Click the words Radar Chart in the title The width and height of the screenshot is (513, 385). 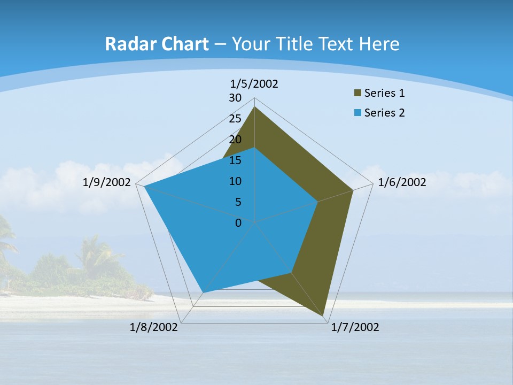pos(157,44)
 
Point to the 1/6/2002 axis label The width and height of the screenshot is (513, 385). pos(402,182)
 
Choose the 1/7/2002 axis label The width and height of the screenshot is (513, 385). pos(355,327)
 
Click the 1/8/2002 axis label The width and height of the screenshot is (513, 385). pos(154,327)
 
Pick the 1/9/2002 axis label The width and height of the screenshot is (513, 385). pos(107,182)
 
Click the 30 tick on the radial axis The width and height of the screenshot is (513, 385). pos(235,98)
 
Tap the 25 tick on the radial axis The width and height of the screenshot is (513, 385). pos(235,119)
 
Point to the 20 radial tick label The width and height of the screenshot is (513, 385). pos(235,140)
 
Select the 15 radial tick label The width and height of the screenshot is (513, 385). pos(235,160)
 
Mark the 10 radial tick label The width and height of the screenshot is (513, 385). pos(235,181)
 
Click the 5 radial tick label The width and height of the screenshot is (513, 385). pos(238,202)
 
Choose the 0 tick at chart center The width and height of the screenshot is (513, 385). pos(238,223)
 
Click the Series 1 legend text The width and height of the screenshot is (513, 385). pos(384,93)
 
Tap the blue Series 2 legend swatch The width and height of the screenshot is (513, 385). pos(357,113)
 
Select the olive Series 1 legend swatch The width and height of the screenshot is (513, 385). pos(357,93)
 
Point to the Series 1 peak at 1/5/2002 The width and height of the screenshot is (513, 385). pos(254,107)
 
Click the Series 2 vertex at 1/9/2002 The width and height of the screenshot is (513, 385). pos(145,186)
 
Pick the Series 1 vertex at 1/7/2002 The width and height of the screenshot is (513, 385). pos(323,315)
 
